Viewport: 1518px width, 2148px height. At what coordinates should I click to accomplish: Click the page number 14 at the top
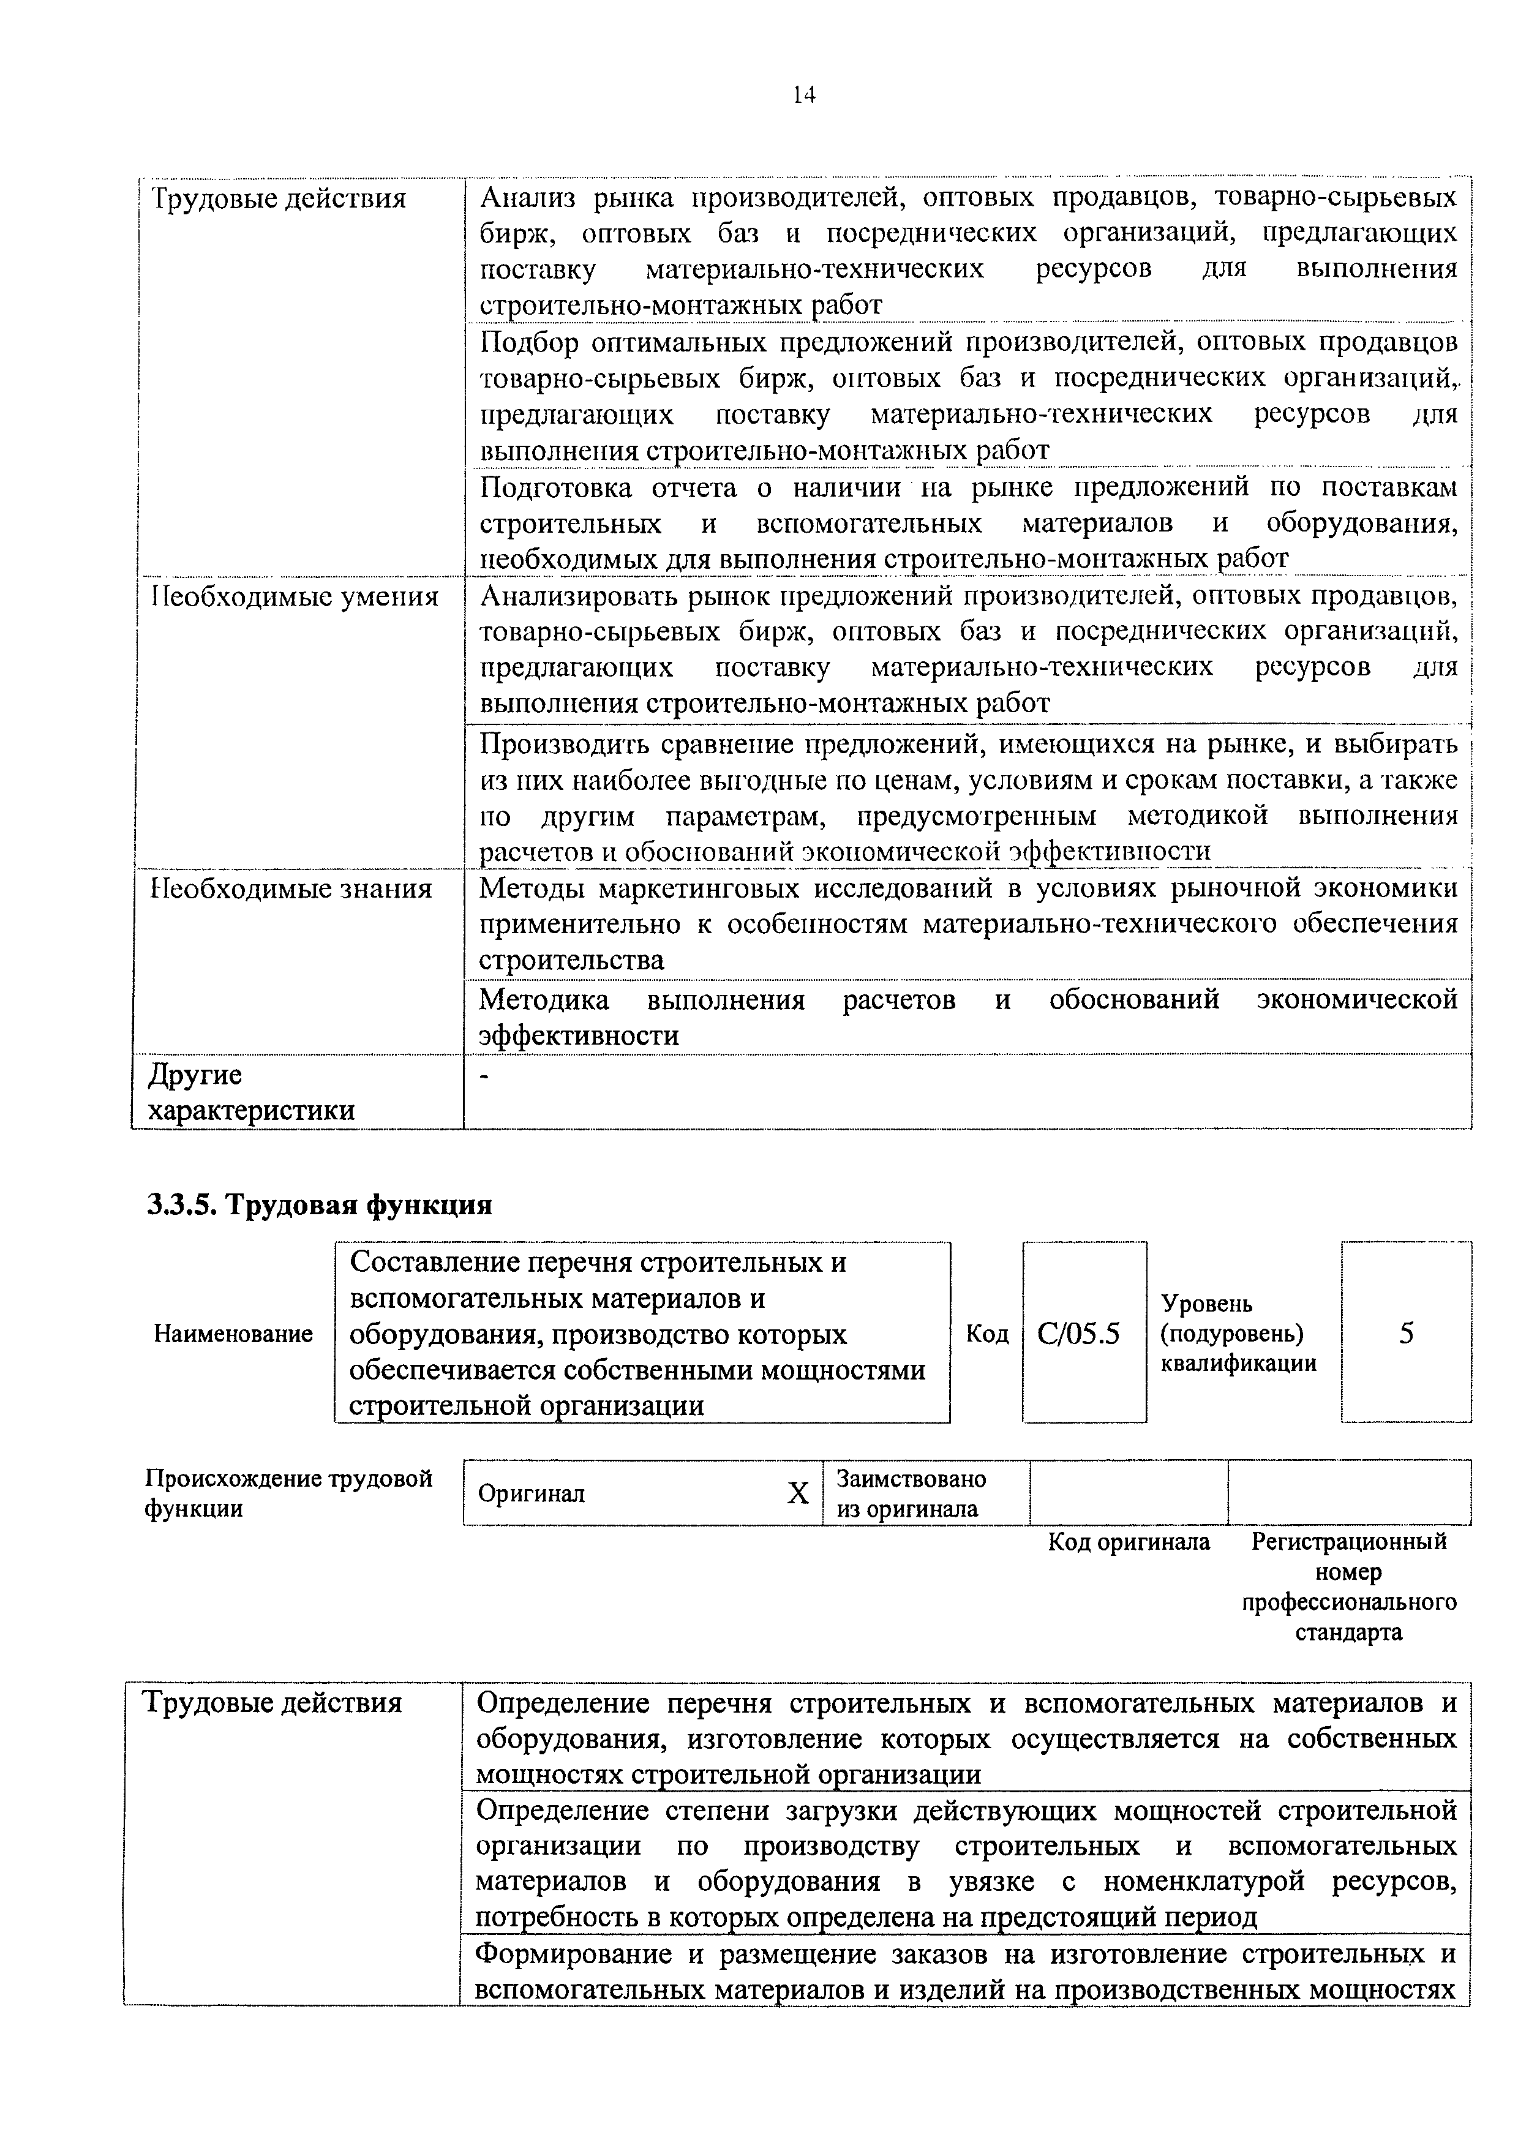(x=803, y=94)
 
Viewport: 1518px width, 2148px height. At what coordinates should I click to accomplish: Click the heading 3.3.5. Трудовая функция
(x=319, y=1204)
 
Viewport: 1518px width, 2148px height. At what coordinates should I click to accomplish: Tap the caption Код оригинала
(x=1128, y=1542)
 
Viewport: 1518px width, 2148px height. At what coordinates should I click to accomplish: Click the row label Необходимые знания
(x=292, y=888)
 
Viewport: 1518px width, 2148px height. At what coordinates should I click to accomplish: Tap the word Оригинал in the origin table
(x=532, y=1494)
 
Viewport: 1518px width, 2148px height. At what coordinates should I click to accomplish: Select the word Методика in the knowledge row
(x=543, y=999)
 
